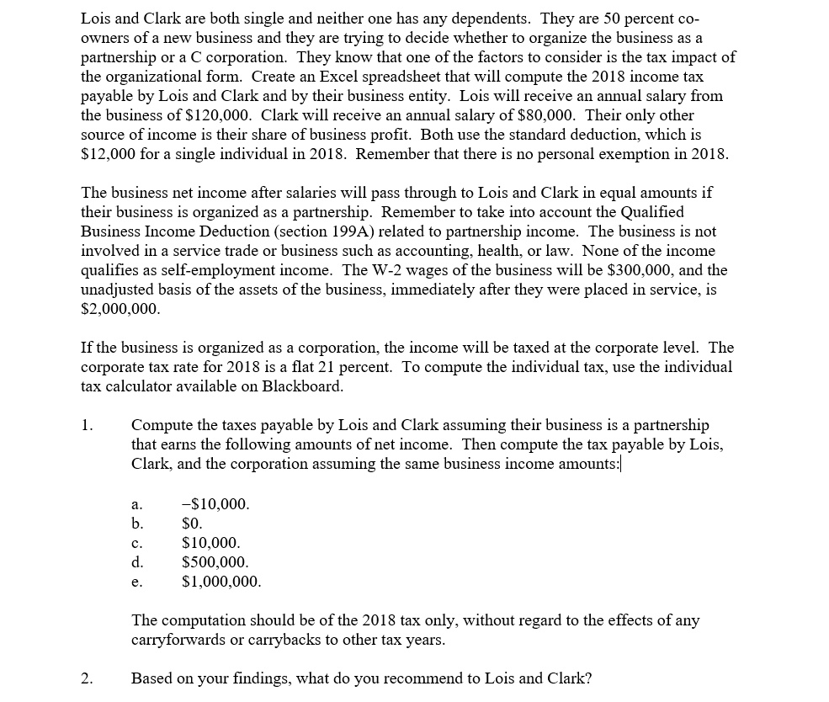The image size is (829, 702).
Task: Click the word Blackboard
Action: pos(302,386)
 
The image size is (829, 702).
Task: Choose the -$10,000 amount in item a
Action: pos(215,504)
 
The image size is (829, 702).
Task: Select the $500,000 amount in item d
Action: pos(215,562)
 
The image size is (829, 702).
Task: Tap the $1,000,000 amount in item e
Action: pos(221,582)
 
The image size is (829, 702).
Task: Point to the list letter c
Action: pos(137,544)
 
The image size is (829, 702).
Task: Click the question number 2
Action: pos(88,678)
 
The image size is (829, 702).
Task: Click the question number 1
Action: pos(88,425)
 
